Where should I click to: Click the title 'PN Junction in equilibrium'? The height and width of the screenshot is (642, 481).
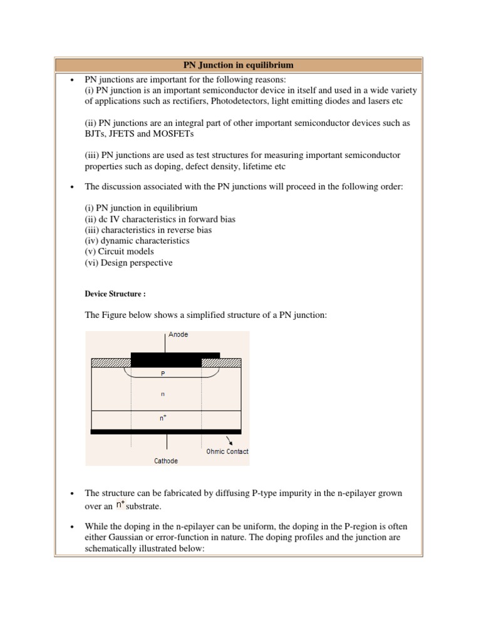pyautogui.click(x=238, y=65)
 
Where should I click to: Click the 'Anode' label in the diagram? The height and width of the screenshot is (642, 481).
pyautogui.click(x=178, y=335)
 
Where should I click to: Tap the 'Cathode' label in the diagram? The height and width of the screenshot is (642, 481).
pyautogui.click(x=166, y=461)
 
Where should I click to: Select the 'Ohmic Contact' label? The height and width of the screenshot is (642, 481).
pyautogui.click(x=227, y=451)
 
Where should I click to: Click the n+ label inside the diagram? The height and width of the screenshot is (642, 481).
pyautogui.click(x=163, y=418)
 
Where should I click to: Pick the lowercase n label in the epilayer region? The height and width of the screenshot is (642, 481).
pyautogui.click(x=163, y=394)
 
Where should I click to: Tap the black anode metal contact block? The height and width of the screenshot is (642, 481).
pyautogui.click(x=175, y=359)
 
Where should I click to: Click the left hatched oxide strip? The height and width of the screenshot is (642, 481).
pyautogui.click(x=111, y=362)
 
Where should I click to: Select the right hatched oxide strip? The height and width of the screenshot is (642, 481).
pyautogui.click(x=221, y=362)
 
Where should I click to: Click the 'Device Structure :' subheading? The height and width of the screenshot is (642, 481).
pyautogui.click(x=116, y=293)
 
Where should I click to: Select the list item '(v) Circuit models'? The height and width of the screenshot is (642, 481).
pyautogui.click(x=119, y=251)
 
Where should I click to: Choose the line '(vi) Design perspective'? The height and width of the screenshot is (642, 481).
pyautogui.click(x=128, y=263)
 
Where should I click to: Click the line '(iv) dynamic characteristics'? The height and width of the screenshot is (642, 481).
pyautogui.click(x=137, y=241)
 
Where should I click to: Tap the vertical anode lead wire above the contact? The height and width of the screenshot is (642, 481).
pyautogui.click(x=166, y=342)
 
